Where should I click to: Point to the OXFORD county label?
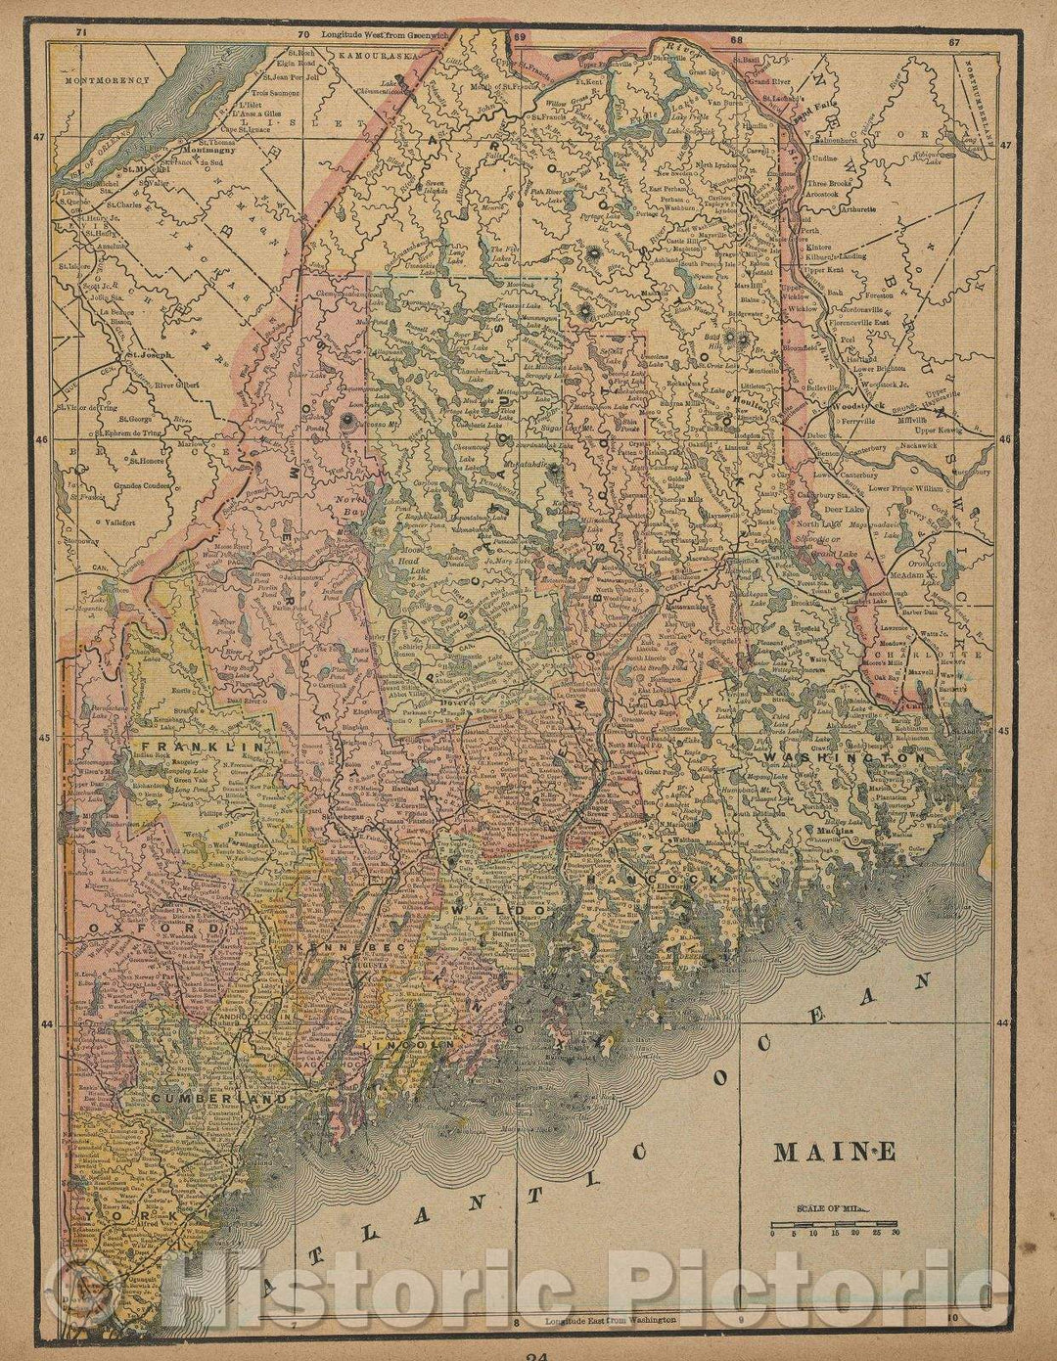click(x=129, y=926)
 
